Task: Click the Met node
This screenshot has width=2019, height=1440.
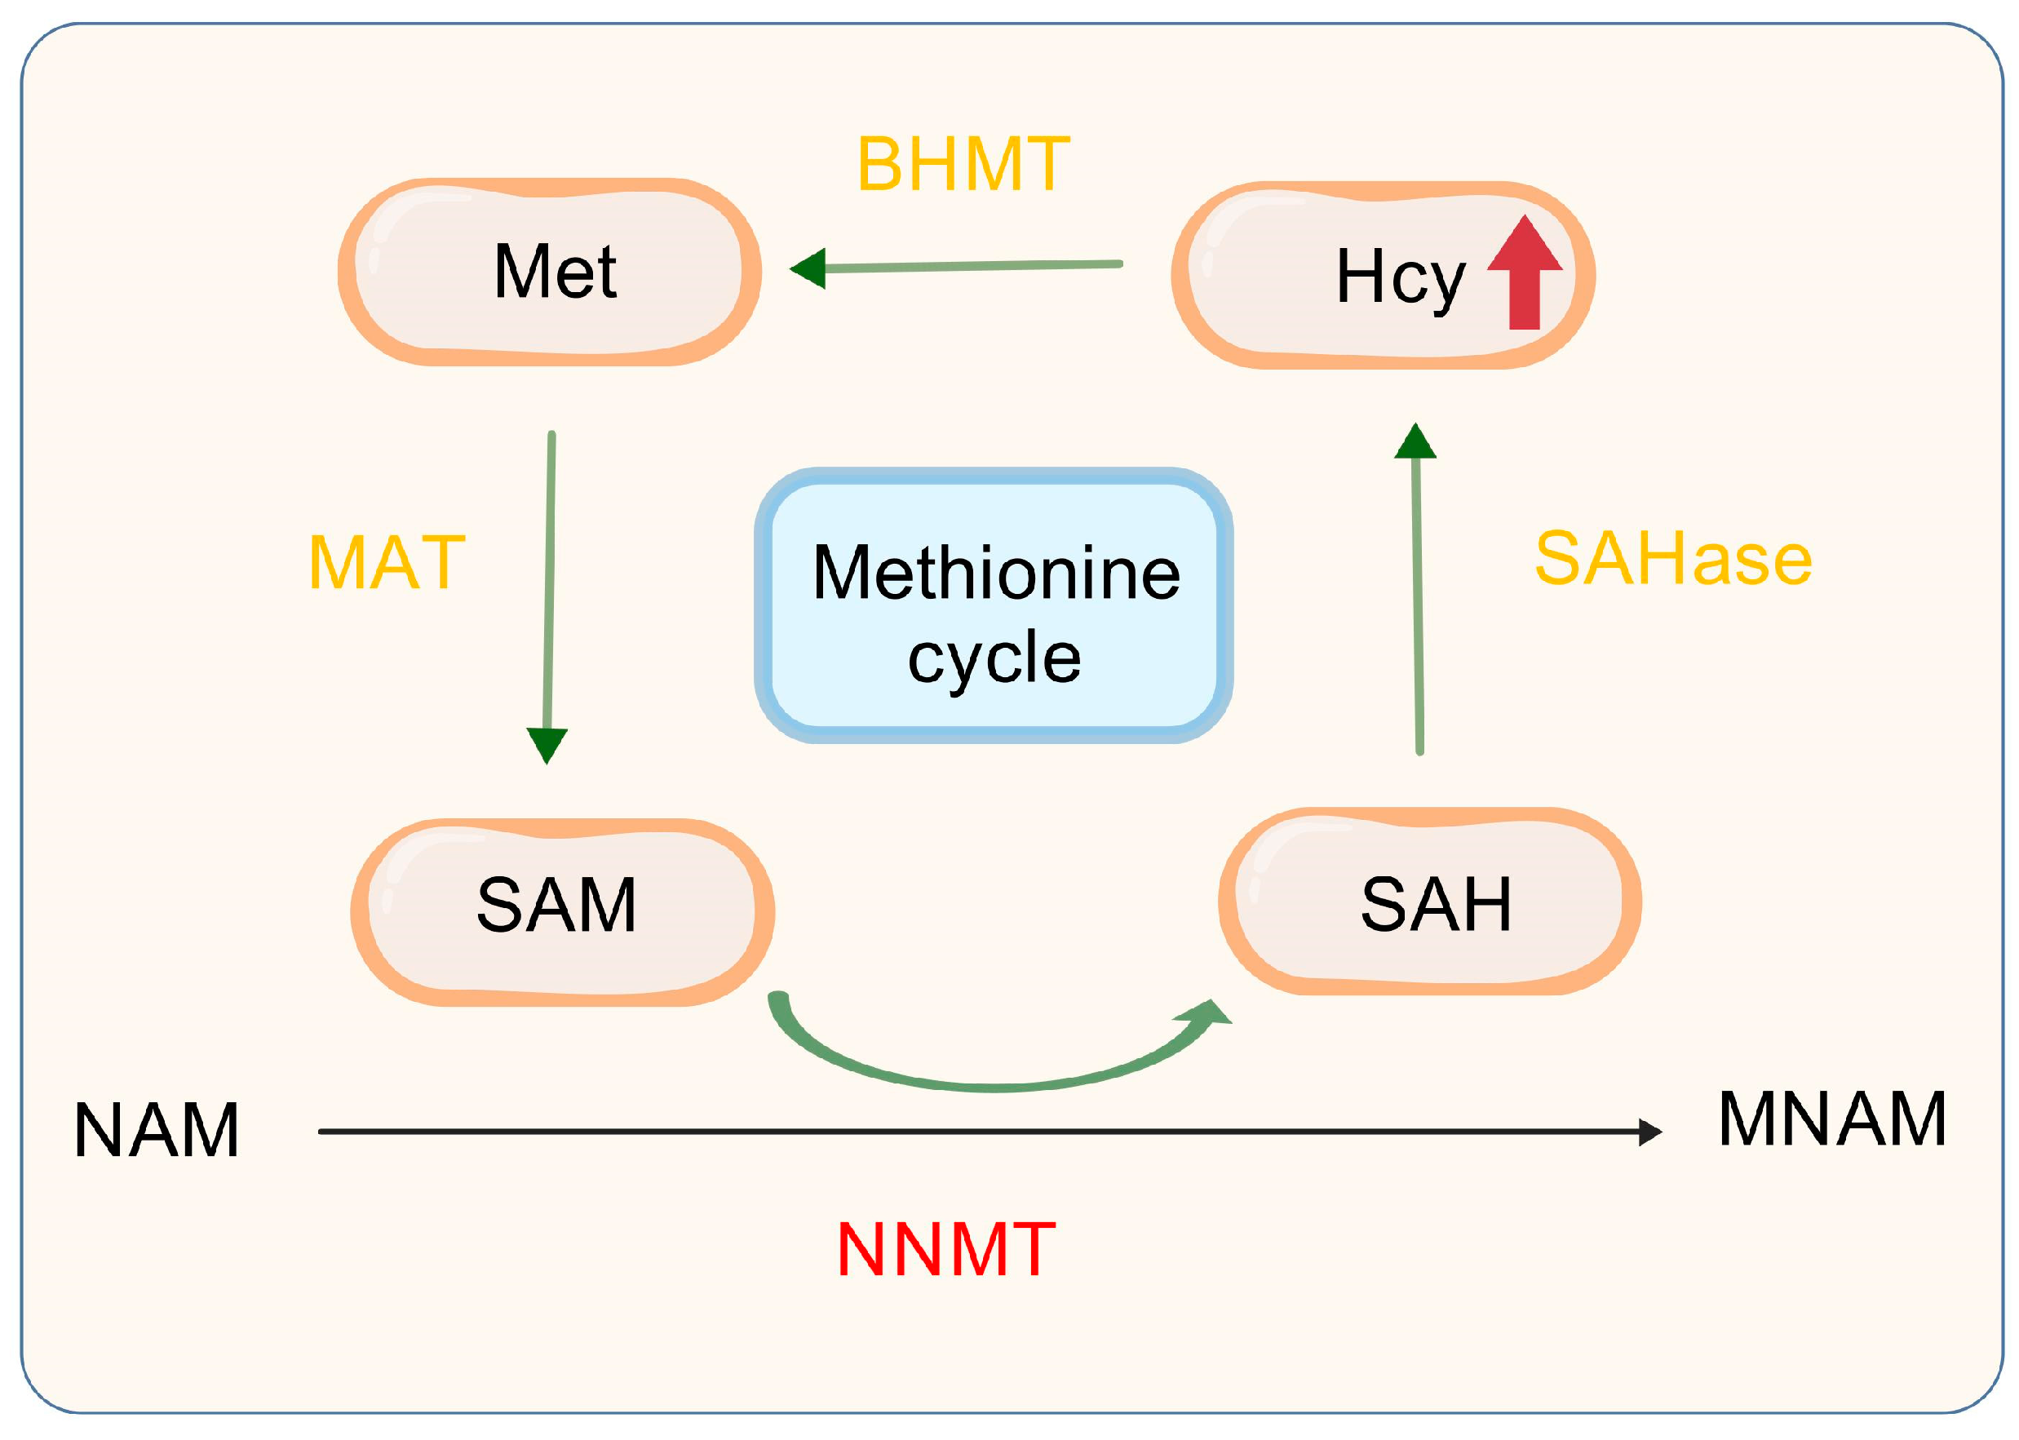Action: tap(550, 272)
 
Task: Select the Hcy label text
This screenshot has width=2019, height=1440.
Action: tap(1399, 277)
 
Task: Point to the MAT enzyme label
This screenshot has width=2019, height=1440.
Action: tap(387, 563)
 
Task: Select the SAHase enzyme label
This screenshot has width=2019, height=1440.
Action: tap(1672, 560)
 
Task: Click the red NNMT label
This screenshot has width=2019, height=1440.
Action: tap(945, 1249)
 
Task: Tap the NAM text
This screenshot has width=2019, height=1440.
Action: tap(157, 1131)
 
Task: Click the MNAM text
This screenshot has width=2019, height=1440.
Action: tap(1832, 1120)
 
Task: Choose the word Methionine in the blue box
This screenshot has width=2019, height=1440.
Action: tap(995, 574)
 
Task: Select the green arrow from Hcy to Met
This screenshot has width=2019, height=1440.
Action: tap(967, 266)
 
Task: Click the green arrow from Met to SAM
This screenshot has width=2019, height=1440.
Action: tap(550, 585)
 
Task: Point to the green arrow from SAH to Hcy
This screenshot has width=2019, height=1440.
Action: tap(1417, 603)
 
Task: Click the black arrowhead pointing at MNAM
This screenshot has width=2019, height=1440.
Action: tap(1649, 1132)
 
